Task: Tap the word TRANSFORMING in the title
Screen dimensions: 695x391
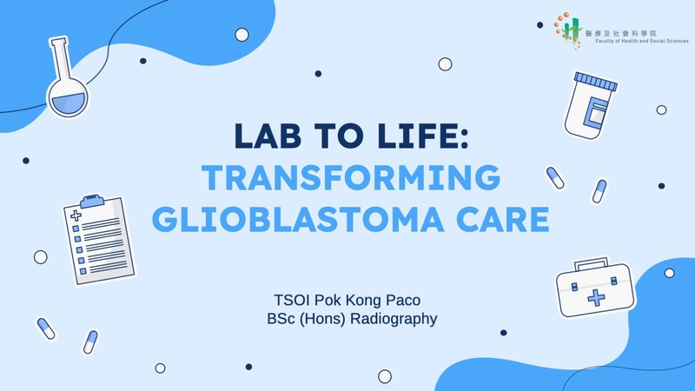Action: tap(351, 177)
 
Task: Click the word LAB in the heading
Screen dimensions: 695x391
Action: tap(268, 136)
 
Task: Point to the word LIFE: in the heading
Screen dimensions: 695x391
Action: tap(425, 136)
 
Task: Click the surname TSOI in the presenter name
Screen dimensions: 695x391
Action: tap(292, 300)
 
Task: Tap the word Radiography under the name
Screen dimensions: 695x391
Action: tap(394, 319)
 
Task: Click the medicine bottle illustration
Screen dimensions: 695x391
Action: tap(591, 105)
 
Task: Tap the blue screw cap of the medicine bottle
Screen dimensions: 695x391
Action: tap(595, 82)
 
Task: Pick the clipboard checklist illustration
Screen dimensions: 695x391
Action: tap(99, 240)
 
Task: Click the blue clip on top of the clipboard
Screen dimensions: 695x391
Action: tap(92, 201)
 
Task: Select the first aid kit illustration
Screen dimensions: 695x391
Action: tap(595, 288)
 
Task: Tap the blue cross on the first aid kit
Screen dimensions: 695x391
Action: tap(596, 298)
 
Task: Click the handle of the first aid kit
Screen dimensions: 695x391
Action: tap(592, 264)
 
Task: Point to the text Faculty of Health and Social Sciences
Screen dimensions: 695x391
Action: tap(642, 41)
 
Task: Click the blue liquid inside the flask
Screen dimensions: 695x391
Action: tap(69, 103)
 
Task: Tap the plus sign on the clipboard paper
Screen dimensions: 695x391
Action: tap(76, 215)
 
